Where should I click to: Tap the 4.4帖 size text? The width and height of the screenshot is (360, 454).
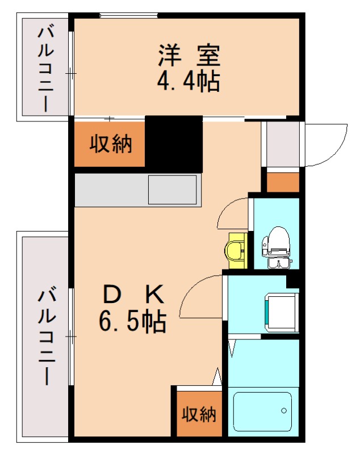tap(188, 82)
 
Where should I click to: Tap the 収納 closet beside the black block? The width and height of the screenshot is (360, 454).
tap(111, 144)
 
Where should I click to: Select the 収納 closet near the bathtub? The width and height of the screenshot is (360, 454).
tap(199, 414)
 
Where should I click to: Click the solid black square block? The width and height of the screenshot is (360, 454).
tap(174, 144)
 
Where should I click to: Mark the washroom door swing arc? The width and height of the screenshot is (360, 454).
tap(202, 294)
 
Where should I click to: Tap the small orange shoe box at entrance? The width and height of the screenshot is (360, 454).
tap(282, 182)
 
